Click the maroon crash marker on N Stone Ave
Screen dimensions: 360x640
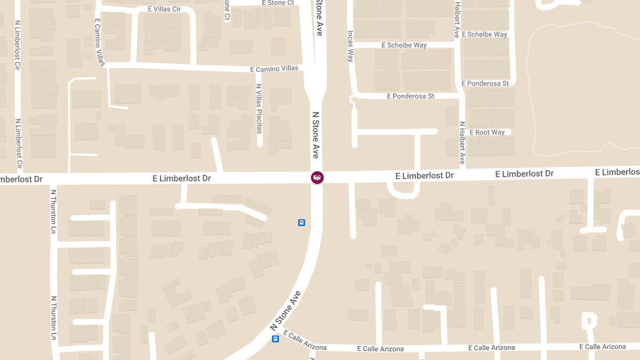317,177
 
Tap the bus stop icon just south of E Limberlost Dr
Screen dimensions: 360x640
301,222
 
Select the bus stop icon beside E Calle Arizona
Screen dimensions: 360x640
276,339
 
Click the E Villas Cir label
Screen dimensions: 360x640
164,9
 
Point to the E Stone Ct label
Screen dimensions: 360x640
278,3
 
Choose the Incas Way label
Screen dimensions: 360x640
350,46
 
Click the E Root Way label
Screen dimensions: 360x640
483,132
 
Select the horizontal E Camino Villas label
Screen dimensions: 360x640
274,69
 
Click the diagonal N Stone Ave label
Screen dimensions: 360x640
285,310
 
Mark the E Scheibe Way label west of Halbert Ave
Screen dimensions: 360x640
404,45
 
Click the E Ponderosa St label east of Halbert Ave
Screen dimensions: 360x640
485,84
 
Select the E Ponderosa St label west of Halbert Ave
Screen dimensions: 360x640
410,96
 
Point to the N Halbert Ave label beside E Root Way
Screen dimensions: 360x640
462,142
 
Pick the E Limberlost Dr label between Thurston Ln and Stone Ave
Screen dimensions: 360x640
181,178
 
